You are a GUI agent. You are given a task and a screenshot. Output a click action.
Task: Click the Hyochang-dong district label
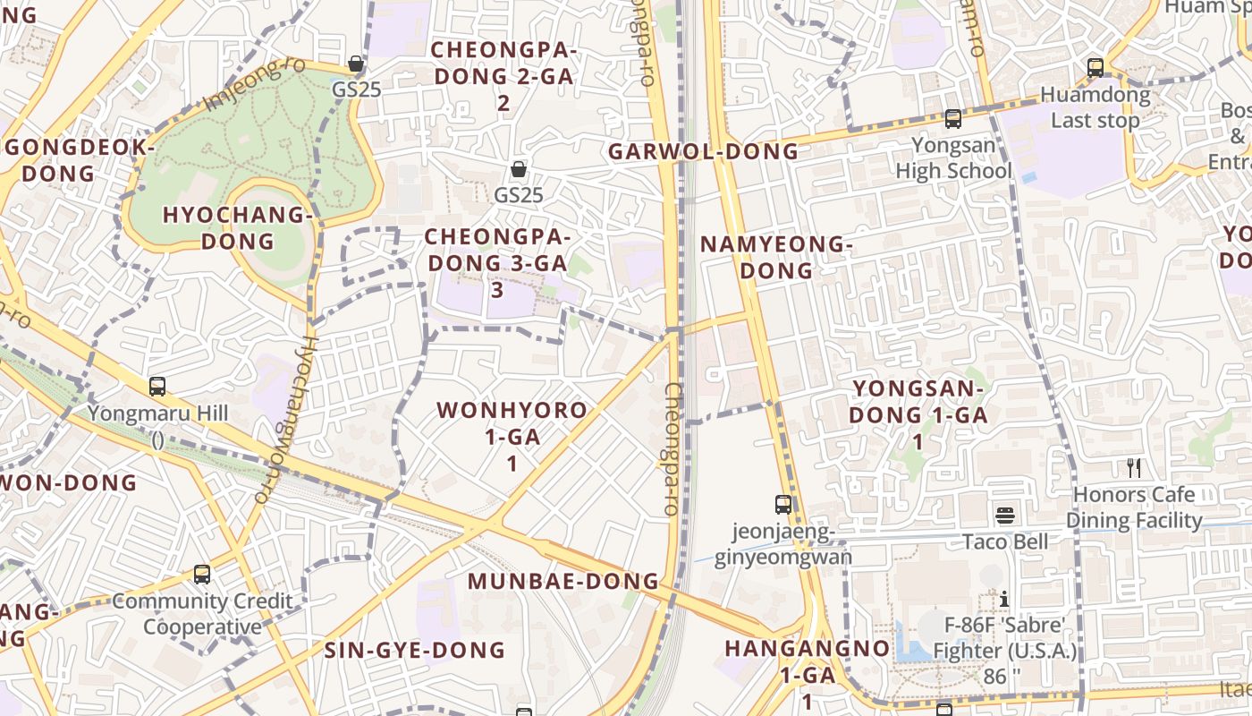click(x=238, y=228)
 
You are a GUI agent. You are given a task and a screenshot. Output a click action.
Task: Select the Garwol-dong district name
click(x=703, y=151)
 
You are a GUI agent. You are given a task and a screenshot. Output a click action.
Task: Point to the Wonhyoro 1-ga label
click(x=512, y=436)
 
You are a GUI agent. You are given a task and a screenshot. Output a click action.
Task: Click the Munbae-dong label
click(x=563, y=581)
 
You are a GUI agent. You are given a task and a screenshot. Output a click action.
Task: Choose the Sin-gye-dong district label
click(x=415, y=650)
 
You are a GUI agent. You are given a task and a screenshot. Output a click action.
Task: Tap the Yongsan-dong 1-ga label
click(x=918, y=414)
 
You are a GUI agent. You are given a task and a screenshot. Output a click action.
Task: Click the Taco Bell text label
click(x=1005, y=541)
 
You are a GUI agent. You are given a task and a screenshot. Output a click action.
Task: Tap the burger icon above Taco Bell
click(x=1006, y=516)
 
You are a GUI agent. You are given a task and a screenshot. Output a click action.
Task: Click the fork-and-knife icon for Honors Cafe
click(x=1134, y=468)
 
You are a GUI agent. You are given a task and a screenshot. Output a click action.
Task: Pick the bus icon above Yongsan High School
click(x=953, y=118)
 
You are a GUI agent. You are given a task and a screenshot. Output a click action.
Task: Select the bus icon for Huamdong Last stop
click(x=1095, y=67)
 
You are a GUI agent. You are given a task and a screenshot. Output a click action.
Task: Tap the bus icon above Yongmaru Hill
click(x=157, y=387)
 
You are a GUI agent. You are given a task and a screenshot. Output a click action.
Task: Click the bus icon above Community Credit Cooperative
click(x=202, y=574)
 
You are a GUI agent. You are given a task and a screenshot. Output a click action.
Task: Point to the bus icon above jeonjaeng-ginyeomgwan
click(x=783, y=505)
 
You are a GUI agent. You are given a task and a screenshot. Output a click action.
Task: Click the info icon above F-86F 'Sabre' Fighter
click(x=1005, y=599)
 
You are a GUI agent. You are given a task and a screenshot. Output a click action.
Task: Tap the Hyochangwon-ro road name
click(x=285, y=418)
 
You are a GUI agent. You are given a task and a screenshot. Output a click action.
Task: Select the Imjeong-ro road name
click(x=242, y=86)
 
